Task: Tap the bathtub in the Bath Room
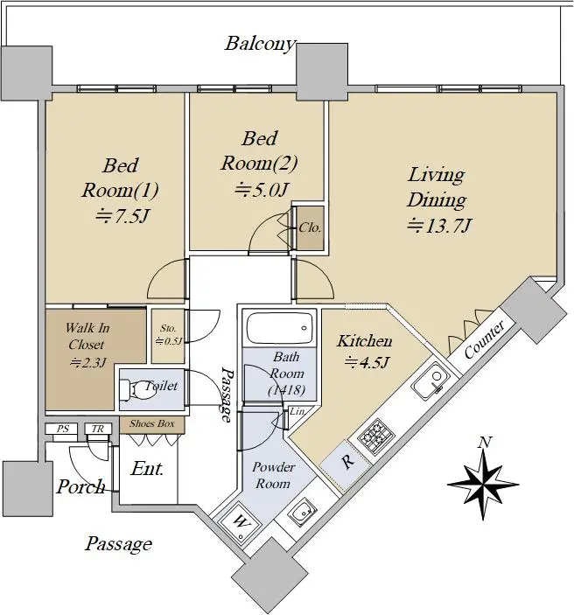coord(279,328)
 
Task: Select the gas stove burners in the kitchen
coord(376,437)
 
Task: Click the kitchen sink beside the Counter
coord(430,381)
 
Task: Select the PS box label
coord(63,429)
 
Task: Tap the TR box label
coord(98,429)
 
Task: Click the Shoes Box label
coord(152,423)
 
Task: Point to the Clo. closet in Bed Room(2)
coord(310,227)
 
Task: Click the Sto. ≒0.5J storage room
coord(168,336)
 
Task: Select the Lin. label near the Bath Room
coord(297,411)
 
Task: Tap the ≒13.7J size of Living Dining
coord(438,226)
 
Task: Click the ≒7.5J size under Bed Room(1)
coord(122,216)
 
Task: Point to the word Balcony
coord(259,43)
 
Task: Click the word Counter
coord(484,339)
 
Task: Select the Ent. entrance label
coord(147,469)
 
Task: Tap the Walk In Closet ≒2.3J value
coord(87,362)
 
